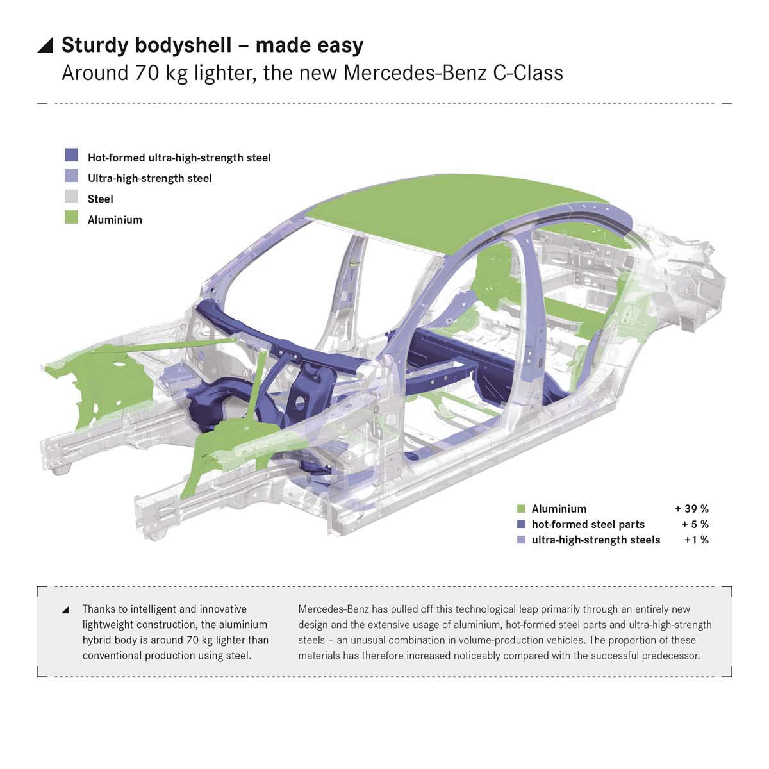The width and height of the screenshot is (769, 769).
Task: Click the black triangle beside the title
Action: coord(45,45)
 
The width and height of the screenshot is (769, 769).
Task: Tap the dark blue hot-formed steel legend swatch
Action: coord(71,156)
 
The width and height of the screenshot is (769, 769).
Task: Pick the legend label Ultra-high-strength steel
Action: coord(149,178)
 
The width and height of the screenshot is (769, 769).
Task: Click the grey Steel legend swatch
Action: coord(71,197)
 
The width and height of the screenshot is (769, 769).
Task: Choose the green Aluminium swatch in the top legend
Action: coord(71,218)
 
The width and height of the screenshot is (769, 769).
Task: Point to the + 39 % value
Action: coord(691,509)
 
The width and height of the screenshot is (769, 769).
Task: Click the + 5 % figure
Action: coord(695,524)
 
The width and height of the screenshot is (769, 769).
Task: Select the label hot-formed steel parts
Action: coord(588,524)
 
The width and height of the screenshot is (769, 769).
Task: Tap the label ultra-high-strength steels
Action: coord(595,540)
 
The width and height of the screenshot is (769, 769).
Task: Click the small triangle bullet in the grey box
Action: coord(65,609)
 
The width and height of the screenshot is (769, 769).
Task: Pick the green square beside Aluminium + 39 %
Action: coord(521,509)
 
